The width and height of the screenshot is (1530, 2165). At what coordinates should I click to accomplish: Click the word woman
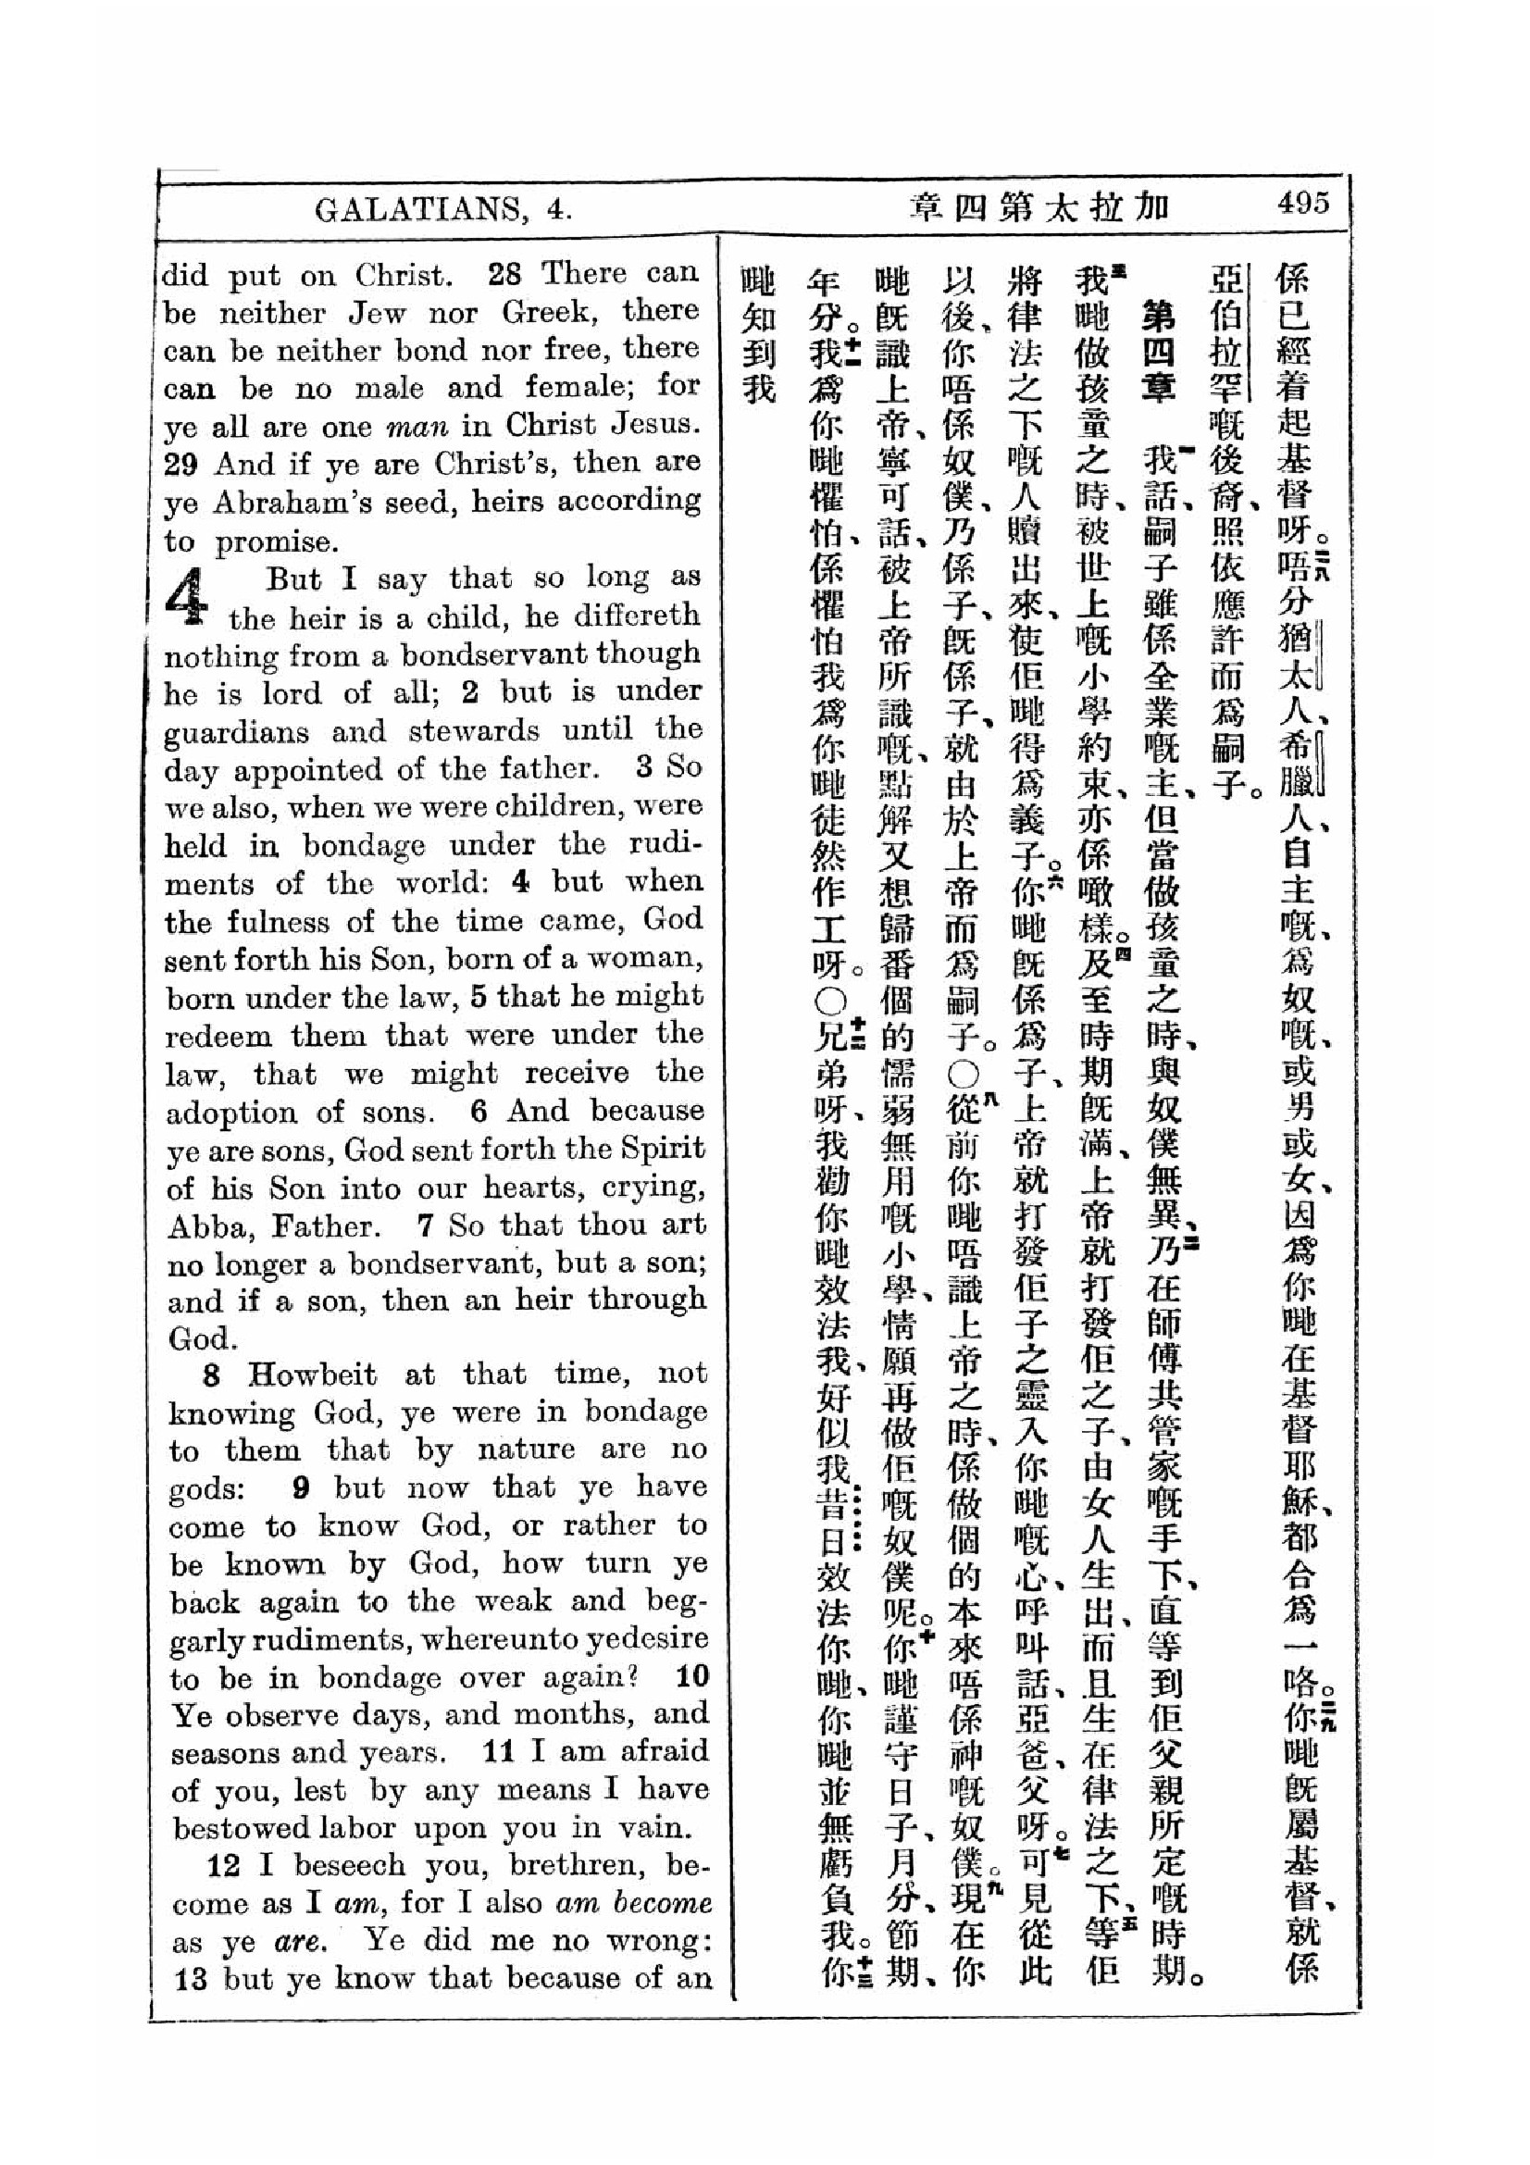pos(656,959)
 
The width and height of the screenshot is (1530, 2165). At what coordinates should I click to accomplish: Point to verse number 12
pos(221,1866)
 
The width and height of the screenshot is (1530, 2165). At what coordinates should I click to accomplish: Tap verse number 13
pos(190,1979)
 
